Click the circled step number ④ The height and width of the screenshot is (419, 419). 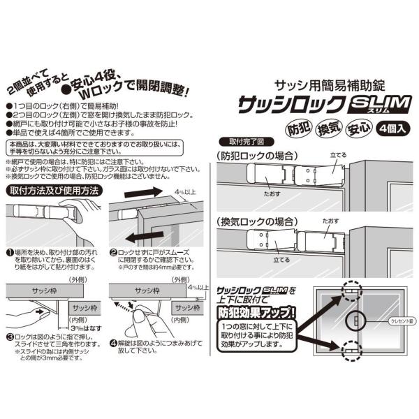click(x=113, y=344)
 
